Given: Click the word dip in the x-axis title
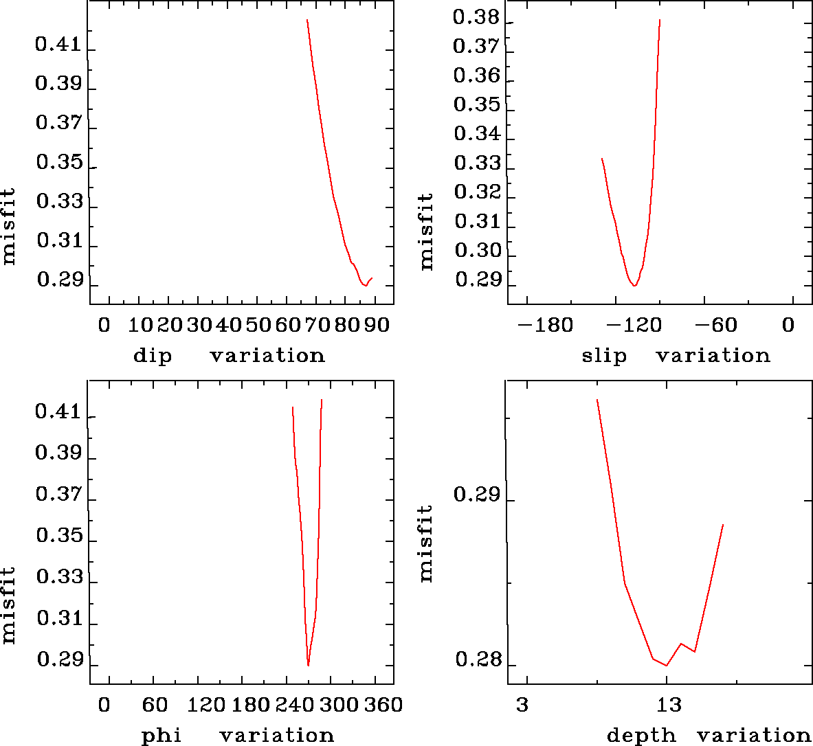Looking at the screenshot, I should click(x=152, y=356).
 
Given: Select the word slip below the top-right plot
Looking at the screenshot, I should click(x=604, y=356).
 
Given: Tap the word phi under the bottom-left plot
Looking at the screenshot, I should click(x=162, y=736).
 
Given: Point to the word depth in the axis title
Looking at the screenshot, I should click(x=641, y=736).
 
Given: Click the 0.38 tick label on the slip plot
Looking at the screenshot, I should click(x=476, y=19).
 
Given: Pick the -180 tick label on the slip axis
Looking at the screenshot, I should click(x=545, y=325).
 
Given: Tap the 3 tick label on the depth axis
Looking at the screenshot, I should click(x=523, y=705).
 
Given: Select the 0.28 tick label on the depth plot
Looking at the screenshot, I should click(x=476, y=661).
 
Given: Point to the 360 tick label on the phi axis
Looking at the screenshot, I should click(x=381, y=705).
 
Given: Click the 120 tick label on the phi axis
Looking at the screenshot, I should click(x=206, y=705).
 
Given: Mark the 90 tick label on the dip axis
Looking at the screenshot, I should click(x=377, y=325).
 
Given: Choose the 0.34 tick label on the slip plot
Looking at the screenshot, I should click(x=476, y=134).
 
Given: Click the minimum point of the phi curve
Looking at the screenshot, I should click(x=309, y=665).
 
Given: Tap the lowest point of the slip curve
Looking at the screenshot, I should click(x=634, y=285).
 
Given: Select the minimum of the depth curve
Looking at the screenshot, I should click(x=667, y=665).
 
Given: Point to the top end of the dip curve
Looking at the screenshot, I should click(x=307, y=20).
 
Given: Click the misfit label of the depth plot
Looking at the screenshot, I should click(x=427, y=543).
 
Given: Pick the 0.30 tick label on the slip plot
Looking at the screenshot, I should click(x=476, y=251).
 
